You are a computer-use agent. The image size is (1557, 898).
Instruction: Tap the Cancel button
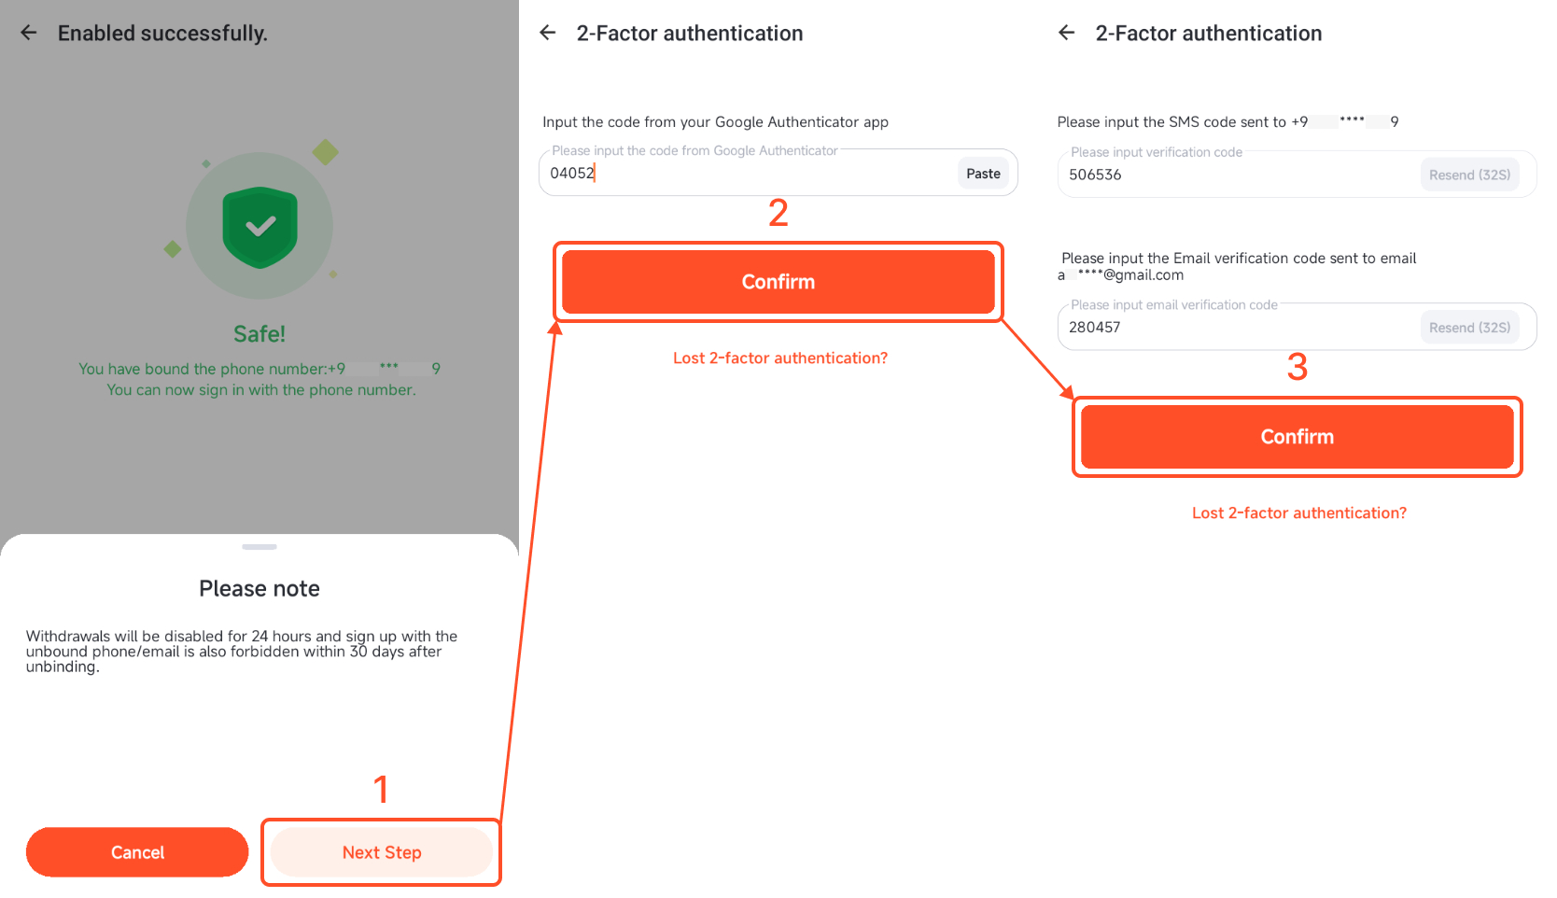[137, 852]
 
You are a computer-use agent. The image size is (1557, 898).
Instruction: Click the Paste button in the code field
[983, 174]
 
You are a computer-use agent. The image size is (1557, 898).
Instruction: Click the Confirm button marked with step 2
[778, 282]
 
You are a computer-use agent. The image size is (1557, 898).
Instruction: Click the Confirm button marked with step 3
[1297, 437]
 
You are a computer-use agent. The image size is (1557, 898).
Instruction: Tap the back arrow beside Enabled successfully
[29, 34]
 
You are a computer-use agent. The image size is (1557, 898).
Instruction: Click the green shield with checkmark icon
[259, 227]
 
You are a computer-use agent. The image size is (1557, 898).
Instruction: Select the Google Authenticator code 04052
[572, 174]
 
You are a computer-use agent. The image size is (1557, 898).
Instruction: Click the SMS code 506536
[1095, 175]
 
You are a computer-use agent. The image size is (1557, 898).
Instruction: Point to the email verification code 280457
[1094, 328]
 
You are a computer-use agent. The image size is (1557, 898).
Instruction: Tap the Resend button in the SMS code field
[1469, 175]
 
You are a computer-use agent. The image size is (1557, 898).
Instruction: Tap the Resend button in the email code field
[1469, 328]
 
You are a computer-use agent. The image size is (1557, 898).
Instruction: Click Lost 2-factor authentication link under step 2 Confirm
[780, 358]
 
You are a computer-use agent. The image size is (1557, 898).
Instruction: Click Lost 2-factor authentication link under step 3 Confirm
[1298, 513]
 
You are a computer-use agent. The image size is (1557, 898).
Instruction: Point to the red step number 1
[381, 790]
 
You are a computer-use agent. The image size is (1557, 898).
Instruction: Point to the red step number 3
[1297, 368]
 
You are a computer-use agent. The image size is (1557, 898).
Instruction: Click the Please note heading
[259, 589]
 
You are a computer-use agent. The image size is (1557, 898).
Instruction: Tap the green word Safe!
[259, 334]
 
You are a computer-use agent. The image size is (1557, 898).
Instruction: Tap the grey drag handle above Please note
[259, 547]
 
